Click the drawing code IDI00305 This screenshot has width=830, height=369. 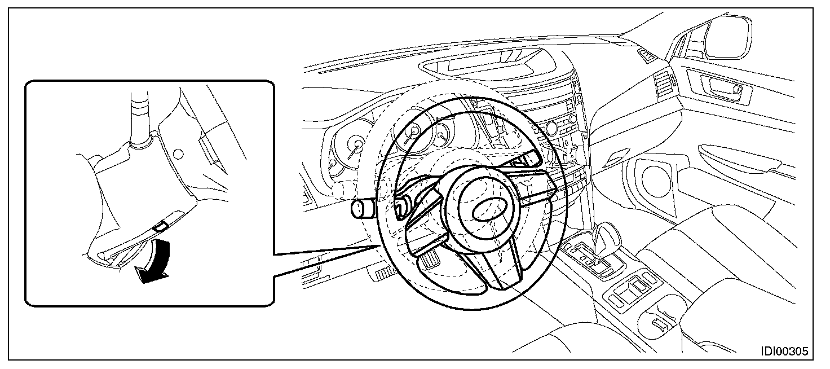coord(784,351)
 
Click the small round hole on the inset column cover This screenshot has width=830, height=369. coord(178,153)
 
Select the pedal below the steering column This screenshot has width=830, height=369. coord(430,260)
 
